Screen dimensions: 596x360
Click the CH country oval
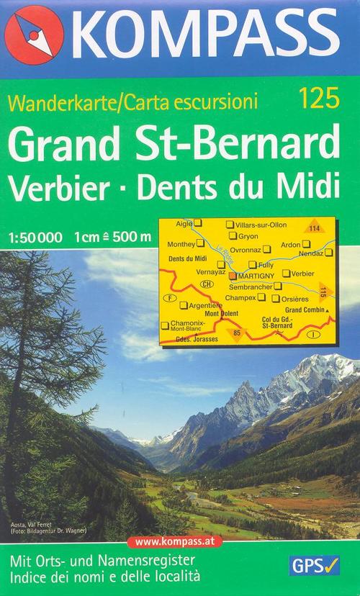[208, 285]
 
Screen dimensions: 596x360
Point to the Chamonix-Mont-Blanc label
[189, 326]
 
